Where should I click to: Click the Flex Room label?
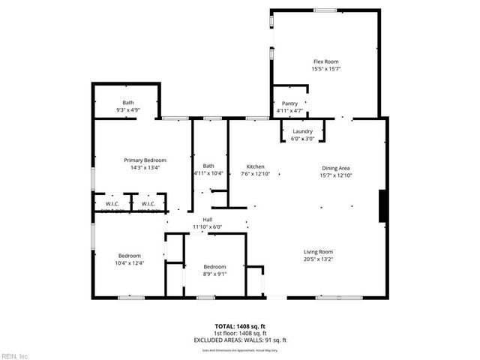click(x=326, y=61)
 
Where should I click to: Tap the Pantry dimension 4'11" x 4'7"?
click(x=289, y=111)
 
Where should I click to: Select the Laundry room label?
click(x=302, y=132)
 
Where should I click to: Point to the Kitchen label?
click(x=255, y=166)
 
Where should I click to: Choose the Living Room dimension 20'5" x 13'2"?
click(x=318, y=259)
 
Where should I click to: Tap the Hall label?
click(x=207, y=219)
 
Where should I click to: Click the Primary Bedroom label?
click(x=145, y=160)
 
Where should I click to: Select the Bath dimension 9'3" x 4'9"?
click(x=128, y=110)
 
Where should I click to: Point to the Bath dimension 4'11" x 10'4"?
click(x=208, y=174)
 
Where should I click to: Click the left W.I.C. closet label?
click(x=112, y=203)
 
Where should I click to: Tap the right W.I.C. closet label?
click(x=148, y=203)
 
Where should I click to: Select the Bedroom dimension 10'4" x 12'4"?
click(x=128, y=263)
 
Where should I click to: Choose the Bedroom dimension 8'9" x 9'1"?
click(x=215, y=274)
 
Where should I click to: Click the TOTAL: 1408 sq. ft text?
click(x=240, y=326)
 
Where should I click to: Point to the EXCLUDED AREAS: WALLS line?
click(x=240, y=340)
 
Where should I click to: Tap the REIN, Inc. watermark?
click(x=15, y=355)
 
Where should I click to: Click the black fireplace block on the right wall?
click(x=383, y=205)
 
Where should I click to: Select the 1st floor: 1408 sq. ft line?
click(x=240, y=333)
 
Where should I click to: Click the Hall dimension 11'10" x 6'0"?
click(x=208, y=226)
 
